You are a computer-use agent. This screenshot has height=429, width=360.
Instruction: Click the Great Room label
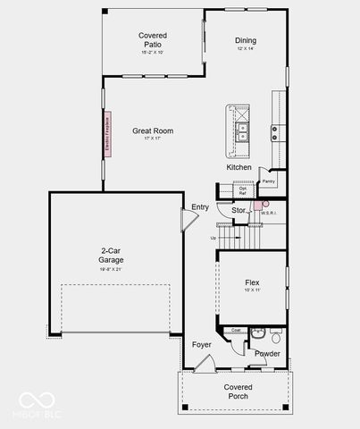click(153, 131)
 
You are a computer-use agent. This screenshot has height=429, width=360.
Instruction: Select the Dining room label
click(246, 40)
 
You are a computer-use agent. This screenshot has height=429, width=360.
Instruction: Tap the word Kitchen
click(239, 167)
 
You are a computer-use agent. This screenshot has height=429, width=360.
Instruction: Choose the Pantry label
click(269, 181)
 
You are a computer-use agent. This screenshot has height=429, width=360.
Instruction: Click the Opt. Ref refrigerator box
click(243, 189)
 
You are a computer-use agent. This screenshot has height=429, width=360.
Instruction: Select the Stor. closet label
click(239, 210)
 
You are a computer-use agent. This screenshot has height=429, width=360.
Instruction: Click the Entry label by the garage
click(200, 206)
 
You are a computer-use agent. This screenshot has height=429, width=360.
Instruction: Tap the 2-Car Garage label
click(111, 256)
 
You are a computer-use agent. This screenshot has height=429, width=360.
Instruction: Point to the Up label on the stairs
click(212, 238)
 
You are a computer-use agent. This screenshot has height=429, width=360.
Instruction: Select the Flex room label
click(252, 282)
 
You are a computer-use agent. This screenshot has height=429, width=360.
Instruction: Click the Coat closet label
click(237, 330)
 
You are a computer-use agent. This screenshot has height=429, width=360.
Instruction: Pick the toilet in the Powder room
click(276, 338)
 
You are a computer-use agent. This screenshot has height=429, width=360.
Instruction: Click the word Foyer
click(202, 344)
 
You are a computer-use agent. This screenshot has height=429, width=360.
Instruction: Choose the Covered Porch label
click(238, 391)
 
